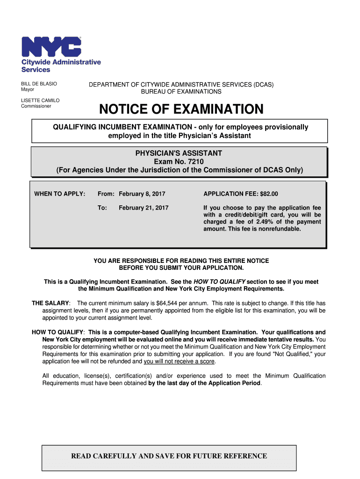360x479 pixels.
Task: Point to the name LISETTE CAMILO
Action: (x=40, y=101)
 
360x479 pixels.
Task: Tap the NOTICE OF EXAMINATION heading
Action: (x=181, y=110)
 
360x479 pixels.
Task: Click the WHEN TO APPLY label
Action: (x=60, y=194)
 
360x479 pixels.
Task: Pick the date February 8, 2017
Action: (x=142, y=194)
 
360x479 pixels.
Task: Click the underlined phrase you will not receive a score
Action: (x=180, y=362)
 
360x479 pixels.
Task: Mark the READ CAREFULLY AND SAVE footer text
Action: (x=169, y=456)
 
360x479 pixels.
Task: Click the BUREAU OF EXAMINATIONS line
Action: (x=181, y=92)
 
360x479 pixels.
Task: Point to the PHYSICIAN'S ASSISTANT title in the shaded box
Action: (x=179, y=153)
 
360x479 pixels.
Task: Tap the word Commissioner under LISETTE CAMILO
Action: (x=36, y=106)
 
